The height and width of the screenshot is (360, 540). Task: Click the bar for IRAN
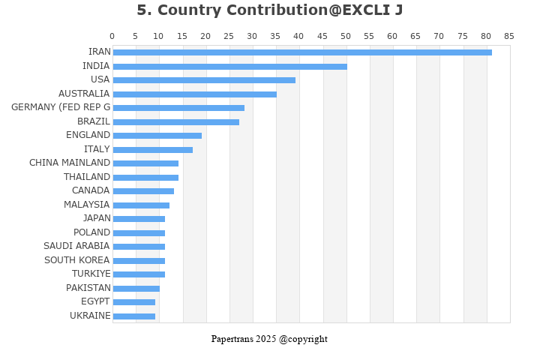click(x=302, y=52)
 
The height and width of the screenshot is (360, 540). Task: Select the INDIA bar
click(x=229, y=66)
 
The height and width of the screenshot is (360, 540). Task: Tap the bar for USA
click(x=204, y=80)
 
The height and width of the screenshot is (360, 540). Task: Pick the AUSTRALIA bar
click(x=194, y=94)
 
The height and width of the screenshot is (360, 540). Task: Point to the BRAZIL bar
click(x=175, y=121)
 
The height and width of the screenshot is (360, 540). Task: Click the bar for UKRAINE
click(x=133, y=316)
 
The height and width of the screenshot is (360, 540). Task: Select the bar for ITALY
click(x=152, y=149)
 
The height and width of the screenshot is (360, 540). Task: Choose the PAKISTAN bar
click(x=136, y=288)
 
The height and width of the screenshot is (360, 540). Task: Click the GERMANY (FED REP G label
click(x=61, y=107)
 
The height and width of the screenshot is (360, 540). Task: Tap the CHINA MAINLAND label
click(x=70, y=163)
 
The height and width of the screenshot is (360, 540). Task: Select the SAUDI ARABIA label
click(x=76, y=246)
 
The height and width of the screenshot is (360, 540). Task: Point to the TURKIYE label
click(x=91, y=274)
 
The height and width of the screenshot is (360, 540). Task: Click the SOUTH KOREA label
click(x=76, y=260)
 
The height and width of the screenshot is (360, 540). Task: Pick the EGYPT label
click(x=95, y=301)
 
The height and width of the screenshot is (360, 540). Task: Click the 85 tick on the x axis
click(x=509, y=36)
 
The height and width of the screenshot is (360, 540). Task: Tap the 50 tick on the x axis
click(x=346, y=36)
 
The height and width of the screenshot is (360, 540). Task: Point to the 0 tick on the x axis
click(x=112, y=36)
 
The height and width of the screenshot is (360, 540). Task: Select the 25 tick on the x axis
click(x=229, y=36)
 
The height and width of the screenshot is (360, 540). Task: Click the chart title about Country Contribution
click(x=269, y=10)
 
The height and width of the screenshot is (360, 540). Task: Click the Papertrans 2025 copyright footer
click(x=269, y=339)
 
